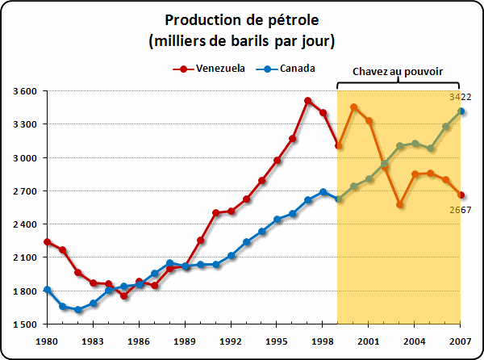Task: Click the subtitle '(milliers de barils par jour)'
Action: tap(242, 40)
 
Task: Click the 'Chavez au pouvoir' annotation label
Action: tap(398, 70)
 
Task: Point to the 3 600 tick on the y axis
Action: tap(25, 91)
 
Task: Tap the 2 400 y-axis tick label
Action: tap(25, 224)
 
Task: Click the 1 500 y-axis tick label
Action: tap(25, 324)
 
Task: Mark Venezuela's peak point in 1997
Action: tap(308, 101)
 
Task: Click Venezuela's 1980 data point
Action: tap(48, 241)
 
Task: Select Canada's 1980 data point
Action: tap(48, 290)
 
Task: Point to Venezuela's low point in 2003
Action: tap(400, 205)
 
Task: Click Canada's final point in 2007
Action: tap(461, 111)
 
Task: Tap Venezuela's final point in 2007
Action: tap(461, 195)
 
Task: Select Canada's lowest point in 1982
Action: tap(78, 310)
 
